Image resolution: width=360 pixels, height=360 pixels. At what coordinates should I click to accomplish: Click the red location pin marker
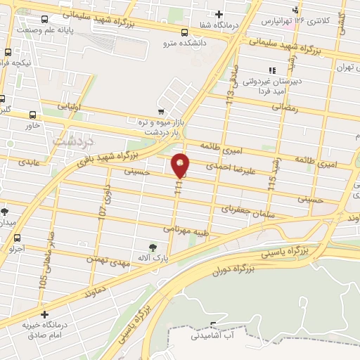click(x=181, y=165)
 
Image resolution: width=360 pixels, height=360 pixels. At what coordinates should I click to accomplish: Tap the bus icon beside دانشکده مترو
click(x=184, y=32)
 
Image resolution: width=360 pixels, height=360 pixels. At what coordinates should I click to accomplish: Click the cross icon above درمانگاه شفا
click(x=219, y=15)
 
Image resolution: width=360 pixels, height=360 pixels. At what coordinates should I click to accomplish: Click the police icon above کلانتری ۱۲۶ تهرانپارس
click(x=296, y=9)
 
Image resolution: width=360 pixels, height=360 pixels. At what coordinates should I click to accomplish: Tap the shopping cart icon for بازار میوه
click(x=161, y=111)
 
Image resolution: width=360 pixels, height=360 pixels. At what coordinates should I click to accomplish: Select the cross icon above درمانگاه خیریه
click(x=45, y=315)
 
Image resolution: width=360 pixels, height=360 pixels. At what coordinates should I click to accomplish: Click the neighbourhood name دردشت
click(x=69, y=140)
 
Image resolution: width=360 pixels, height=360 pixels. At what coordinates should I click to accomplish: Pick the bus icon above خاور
click(x=33, y=115)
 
